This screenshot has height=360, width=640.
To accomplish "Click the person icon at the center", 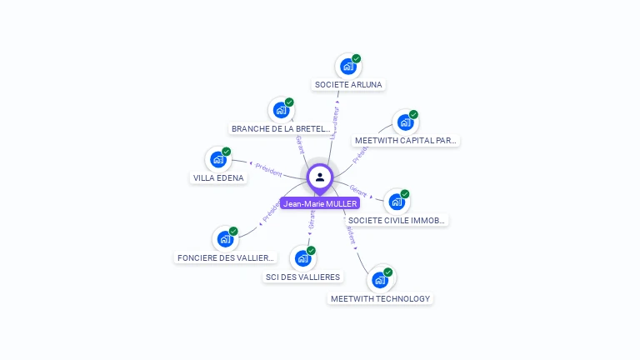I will pos(320,177).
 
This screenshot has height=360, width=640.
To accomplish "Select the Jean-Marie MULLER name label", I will pos(320,203).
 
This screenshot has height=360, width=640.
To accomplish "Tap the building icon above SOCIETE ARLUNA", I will pos(347,67).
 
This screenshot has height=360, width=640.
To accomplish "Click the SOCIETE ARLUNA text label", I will pos(348,84).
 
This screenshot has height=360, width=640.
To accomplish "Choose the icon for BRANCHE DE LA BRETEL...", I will pos(282,110).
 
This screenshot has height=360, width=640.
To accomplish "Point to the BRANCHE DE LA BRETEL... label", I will pos(281,128).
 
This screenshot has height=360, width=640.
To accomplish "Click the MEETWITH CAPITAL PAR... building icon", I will pos(405,122).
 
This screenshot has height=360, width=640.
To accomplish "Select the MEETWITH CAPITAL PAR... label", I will pos(406,140).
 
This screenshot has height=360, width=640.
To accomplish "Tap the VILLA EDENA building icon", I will pos(217,159).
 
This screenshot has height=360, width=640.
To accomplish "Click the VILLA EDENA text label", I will pos(218,177).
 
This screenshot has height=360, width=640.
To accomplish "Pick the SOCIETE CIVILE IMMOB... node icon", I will pos(397,202).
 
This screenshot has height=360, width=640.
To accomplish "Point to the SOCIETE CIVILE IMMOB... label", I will pos(397,221).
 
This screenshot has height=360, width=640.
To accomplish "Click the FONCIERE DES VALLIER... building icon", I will pos(225,239).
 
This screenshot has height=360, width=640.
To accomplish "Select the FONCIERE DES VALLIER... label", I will pos(225,257).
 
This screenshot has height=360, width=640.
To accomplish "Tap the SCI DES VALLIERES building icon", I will pos(302,258).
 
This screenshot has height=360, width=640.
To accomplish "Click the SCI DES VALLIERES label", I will pos(302,277).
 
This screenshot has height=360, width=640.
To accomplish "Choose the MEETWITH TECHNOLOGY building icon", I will pos(380,280).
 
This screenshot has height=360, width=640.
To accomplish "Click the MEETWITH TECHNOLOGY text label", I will pos(380,298).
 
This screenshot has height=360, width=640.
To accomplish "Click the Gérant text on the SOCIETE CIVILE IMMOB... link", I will pos(358,190).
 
